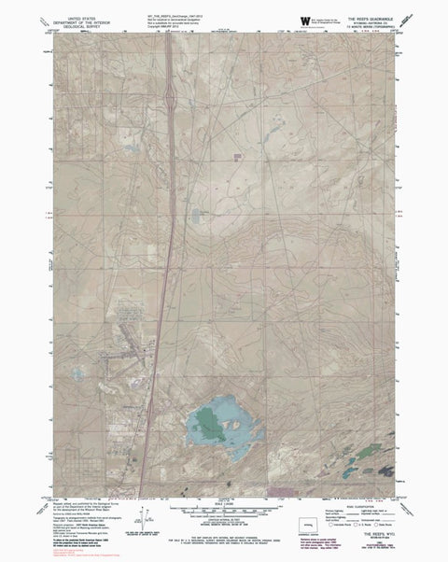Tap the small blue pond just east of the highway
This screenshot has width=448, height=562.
click(x=195, y=217)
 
